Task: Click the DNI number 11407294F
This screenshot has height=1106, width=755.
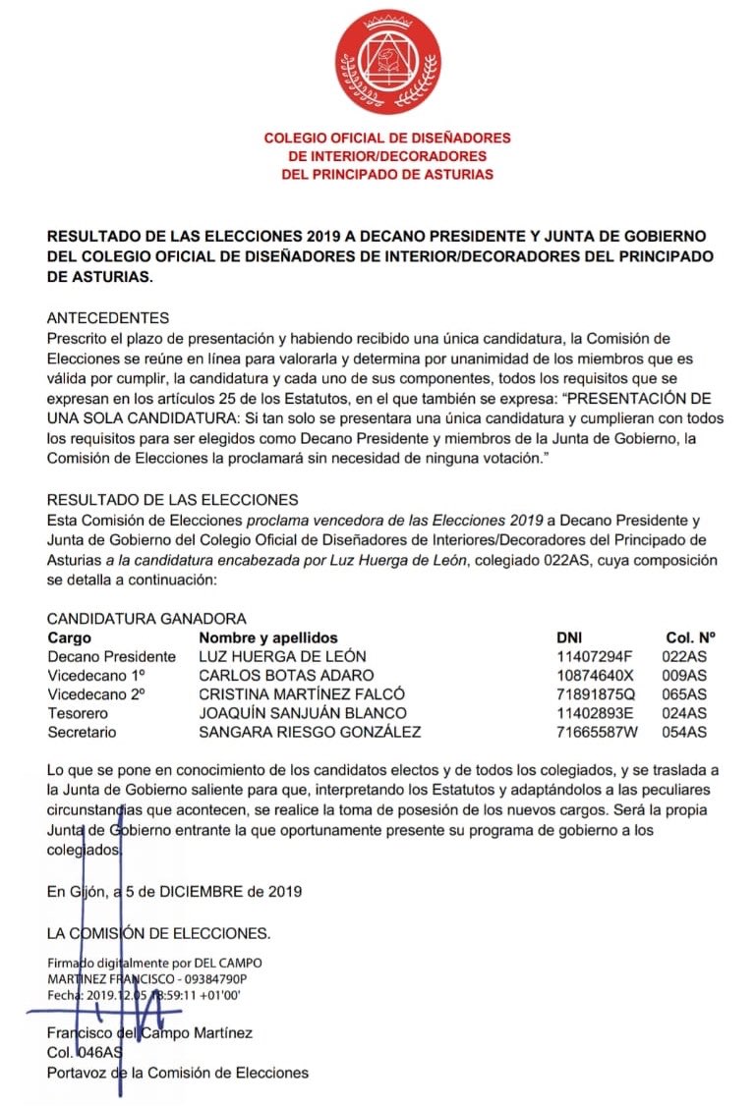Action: [x=599, y=656]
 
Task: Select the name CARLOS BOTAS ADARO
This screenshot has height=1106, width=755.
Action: [x=286, y=675]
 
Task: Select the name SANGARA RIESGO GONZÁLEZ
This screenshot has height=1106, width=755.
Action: [x=310, y=732]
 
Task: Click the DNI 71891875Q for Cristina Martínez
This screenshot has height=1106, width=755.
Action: [x=600, y=693]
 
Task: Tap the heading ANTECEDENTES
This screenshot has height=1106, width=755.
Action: [x=108, y=317]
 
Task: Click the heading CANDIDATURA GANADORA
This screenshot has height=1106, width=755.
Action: [x=146, y=619]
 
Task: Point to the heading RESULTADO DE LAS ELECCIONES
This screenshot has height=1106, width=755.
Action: [x=172, y=500]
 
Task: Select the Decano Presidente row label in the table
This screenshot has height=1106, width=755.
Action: [x=111, y=656]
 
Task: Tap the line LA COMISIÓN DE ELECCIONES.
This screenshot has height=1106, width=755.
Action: [x=158, y=931]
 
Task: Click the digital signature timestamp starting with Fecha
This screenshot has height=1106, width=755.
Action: [x=144, y=994]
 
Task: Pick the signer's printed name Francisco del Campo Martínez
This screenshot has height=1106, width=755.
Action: [x=149, y=1033]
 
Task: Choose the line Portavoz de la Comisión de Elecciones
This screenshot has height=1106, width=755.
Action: [x=177, y=1072]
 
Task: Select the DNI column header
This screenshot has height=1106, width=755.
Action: [x=570, y=637]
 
